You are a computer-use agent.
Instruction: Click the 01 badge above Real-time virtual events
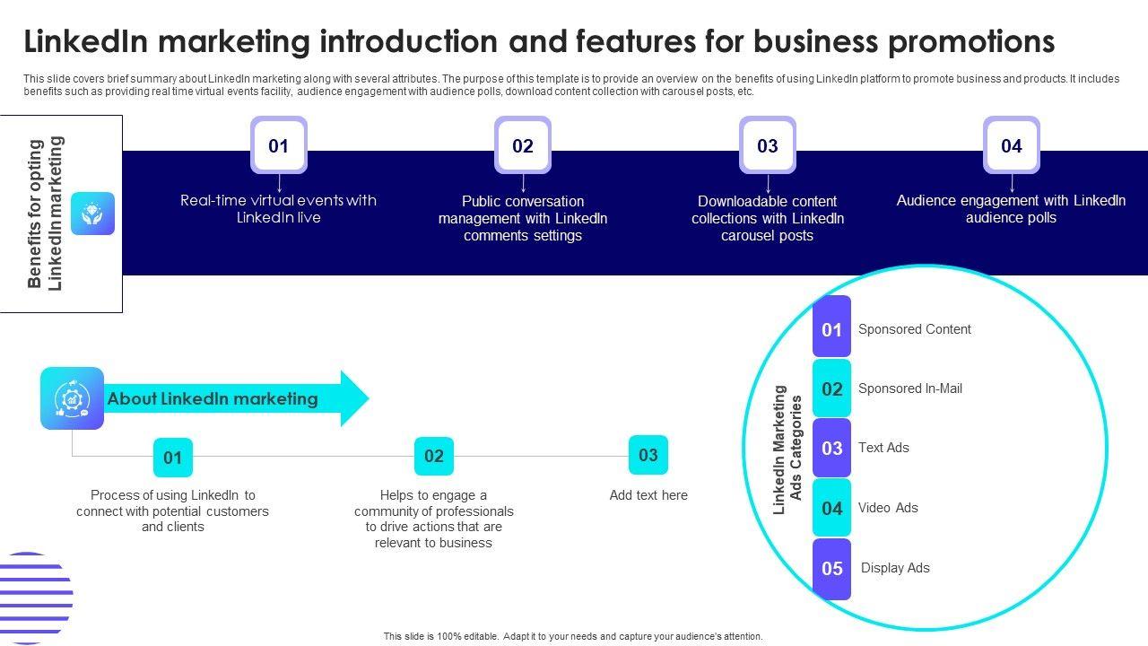279,145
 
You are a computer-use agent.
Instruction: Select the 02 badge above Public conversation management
523,145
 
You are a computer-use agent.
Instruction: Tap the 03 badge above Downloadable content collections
768,145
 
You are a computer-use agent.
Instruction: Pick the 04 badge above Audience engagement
1012,145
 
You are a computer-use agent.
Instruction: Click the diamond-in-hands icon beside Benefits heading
93,214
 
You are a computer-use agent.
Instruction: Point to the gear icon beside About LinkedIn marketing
72,398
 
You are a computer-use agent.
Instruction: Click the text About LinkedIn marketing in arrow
213,398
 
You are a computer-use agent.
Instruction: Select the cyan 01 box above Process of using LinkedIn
173,458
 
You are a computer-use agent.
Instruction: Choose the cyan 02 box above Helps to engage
434,456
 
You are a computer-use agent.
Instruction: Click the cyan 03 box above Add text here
648,455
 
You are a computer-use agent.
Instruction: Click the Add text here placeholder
648,495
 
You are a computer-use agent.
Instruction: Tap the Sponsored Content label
915,329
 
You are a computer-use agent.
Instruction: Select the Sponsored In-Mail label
910,388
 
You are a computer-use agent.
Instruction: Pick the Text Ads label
883,448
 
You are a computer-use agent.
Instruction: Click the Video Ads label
888,508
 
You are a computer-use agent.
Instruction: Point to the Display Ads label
895,568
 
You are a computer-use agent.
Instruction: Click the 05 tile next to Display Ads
832,568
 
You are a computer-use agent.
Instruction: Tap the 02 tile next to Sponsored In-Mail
832,388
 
